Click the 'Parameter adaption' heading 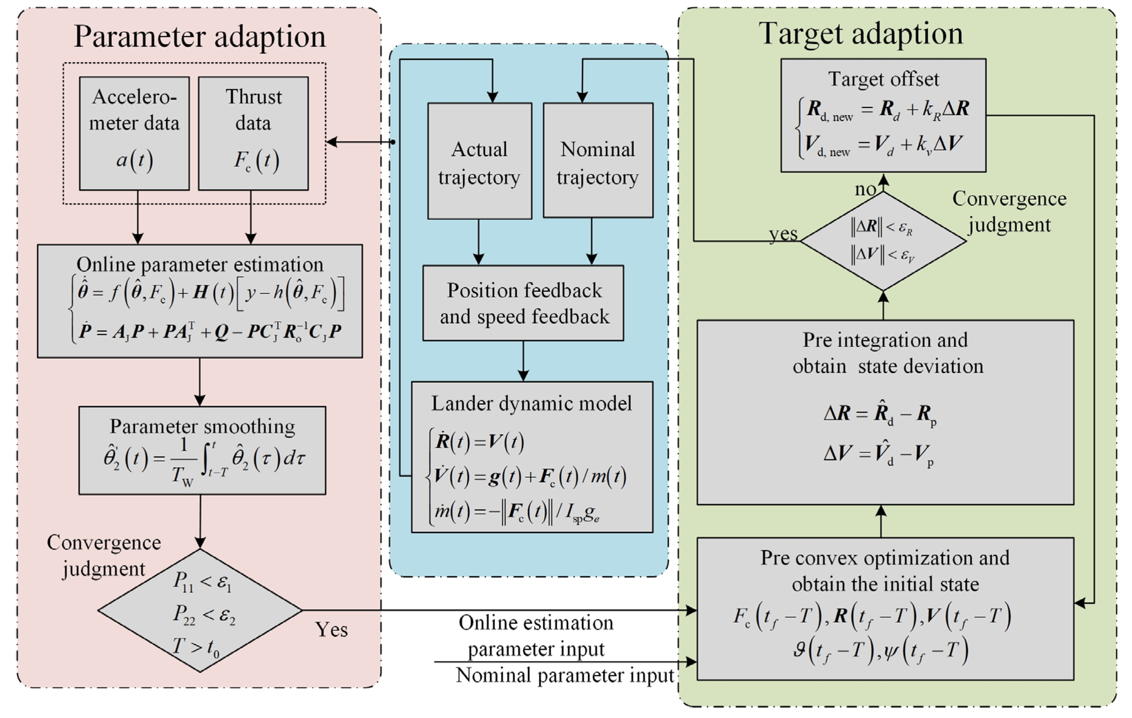coord(199,37)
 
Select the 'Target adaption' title coord(860,34)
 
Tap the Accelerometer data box coord(134,133)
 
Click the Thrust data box coord(253,133)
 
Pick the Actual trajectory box coord(480,161)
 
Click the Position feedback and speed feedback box coord(523,303)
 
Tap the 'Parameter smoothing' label coord(202,427)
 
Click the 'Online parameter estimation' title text coord(200,265)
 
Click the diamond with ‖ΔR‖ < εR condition coord(883,241)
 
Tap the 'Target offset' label coord(883,79)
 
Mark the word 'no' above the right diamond coord(865,189)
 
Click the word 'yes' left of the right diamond coord(783,233)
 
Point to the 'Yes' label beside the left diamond coord(331,630)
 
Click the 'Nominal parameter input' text coord(565,675)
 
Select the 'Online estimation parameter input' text coord(536,636)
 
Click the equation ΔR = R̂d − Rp coord(880,413)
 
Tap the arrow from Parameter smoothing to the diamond coord(200,521)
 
